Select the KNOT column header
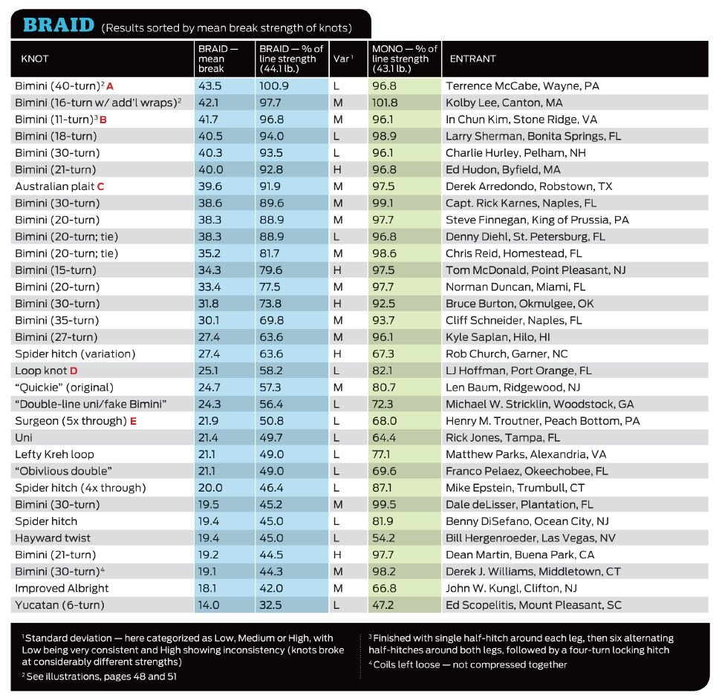(x=35, y=59)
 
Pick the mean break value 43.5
(x=211, y=86)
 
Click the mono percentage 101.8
(x=384, y=102)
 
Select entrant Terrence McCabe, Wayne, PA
(x=522, y=86)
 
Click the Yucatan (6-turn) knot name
(x=59, y=605)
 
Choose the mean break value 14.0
(x=211, y=605)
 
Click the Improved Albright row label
(x=62, y=588)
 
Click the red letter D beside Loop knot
(x=74, y=371)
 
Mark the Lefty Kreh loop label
(x=54, y=454)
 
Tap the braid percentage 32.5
(x=271, y=605)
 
